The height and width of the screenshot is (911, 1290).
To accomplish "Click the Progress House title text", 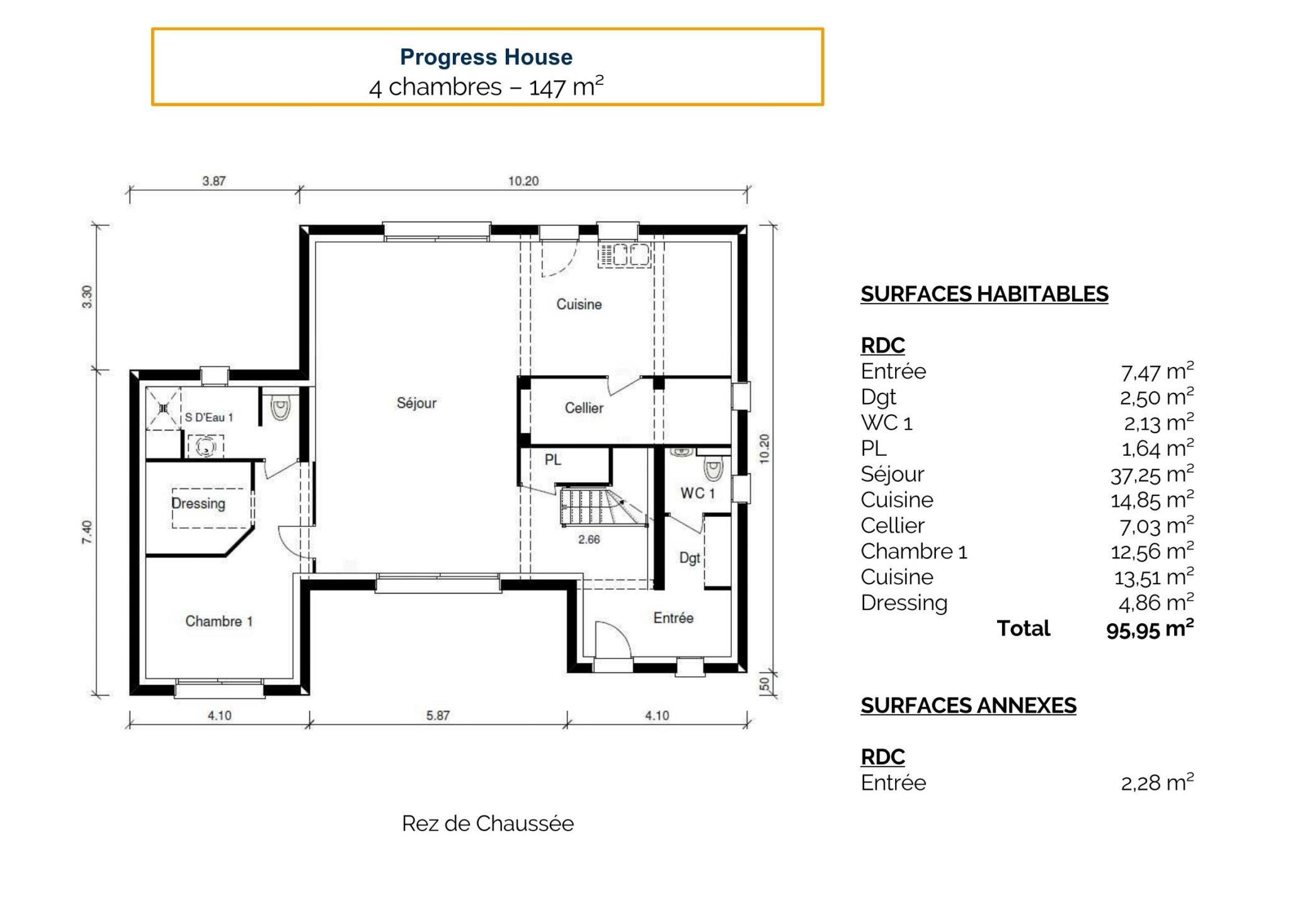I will click(x=486, y=57).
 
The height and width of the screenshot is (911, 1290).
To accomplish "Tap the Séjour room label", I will click(x=416, y=403).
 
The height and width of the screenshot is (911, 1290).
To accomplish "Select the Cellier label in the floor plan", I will click(x=584, y=408).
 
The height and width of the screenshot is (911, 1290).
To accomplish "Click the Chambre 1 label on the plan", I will click(x=219, y=621).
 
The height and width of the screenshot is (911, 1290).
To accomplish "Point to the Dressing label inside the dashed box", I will click(x=198, y=504).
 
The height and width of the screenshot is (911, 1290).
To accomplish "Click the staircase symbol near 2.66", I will click(x=598, y=507).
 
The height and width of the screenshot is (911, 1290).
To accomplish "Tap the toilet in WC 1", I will click(x=713, y=470).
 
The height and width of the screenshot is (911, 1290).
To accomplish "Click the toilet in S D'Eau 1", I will click(x=280, y=409).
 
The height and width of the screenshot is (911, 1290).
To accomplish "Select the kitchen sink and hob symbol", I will click(x=624, y=255).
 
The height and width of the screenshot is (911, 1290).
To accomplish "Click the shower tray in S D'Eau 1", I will click(x=164, y=409).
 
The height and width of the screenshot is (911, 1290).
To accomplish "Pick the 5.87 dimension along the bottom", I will click(x=438, y=715).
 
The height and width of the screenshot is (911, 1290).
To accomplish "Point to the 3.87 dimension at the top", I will click(x=214, y=181).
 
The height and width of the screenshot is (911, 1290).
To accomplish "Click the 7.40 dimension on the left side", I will click(x=87, y=533).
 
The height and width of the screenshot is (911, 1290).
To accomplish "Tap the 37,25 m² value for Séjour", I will click(x=1151, y=475).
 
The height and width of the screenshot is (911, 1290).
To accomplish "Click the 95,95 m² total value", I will click(x=1150, y=629).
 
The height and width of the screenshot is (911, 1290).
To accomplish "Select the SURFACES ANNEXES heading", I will click(x=968, y=706).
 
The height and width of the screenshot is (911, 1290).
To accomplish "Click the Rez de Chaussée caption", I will click(x=488, y=823).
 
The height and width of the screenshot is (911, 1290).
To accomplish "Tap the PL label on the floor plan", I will click(x=552, y=460).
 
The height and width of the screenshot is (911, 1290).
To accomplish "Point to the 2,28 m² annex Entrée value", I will click(x=1156, y=783).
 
